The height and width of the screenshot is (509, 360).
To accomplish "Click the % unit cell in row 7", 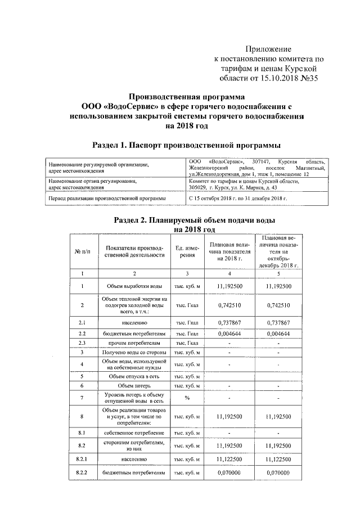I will coord(185,398).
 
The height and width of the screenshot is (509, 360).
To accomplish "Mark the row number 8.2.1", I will coord(82,460).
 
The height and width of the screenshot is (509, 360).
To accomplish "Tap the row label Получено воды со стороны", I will coord(134,352).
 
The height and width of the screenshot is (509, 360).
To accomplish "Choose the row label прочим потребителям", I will coord(134,343).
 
